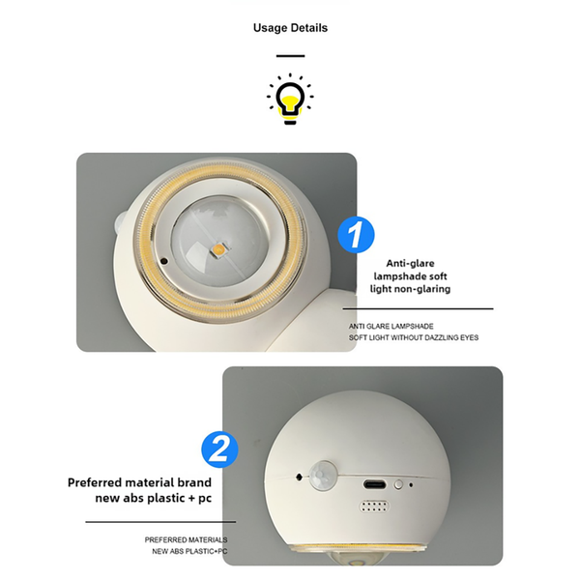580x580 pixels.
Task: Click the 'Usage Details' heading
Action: [x=290, y=28]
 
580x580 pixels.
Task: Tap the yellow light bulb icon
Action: [x=290, y=99]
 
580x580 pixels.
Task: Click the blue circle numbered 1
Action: [x=356, y=235]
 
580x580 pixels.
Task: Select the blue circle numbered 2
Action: [x=219, y=449]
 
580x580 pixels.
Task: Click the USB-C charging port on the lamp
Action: [x=375, y=484]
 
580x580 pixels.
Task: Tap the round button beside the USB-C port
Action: [x=398, y=484]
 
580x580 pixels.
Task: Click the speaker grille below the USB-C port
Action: [x=374, y=507]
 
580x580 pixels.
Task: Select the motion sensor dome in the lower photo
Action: [x=324, y=476]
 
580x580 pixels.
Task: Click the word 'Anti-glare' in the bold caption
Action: [x=410, y=263]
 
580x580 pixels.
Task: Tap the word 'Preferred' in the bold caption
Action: [x=95, y=482]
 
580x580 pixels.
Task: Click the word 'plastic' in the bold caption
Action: [x=166, y=498]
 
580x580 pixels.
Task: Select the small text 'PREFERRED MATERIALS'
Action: [x=186, y=539]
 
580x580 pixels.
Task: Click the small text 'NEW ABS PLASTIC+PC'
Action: [x=189, y=551]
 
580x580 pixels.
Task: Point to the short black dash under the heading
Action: [x=290, y=56]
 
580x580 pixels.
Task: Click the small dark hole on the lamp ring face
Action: [x=164, y=261]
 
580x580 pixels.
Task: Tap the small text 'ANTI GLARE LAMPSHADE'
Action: [x=391, y=327]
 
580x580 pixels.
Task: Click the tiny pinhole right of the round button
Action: [x=411, y=484]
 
